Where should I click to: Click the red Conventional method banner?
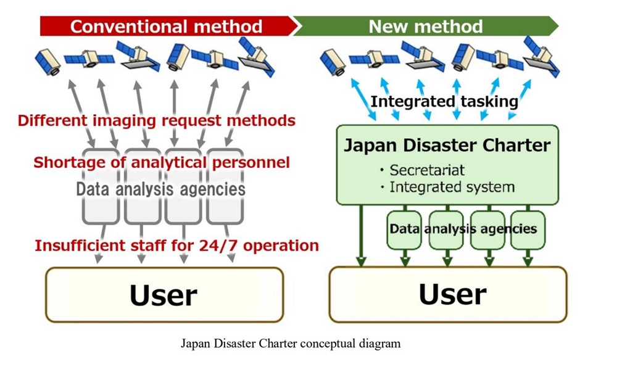pos(169,27)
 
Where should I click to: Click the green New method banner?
pos(426,27)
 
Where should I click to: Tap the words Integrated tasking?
pos(444,101)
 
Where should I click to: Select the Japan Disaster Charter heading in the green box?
pos(447,145)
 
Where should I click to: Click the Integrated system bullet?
pos(447,187)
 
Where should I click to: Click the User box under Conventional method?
pos(165,294)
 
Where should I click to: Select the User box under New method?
pos(448,294)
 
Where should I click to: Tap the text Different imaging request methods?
pos(157,120)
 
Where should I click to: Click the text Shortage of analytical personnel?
pos(162,162)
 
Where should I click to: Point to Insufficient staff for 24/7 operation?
pos(176,246)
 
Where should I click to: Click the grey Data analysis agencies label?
pos(160,189)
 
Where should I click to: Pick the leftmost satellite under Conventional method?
pos(48,62)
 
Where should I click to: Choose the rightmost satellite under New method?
pos(542,56)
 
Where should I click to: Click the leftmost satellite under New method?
pos(333,62)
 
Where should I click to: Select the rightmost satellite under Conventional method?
pos(257,57)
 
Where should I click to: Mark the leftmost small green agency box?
pos(404,230)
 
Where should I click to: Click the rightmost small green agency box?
pos(528,230)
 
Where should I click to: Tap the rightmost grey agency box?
pos(225,186)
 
